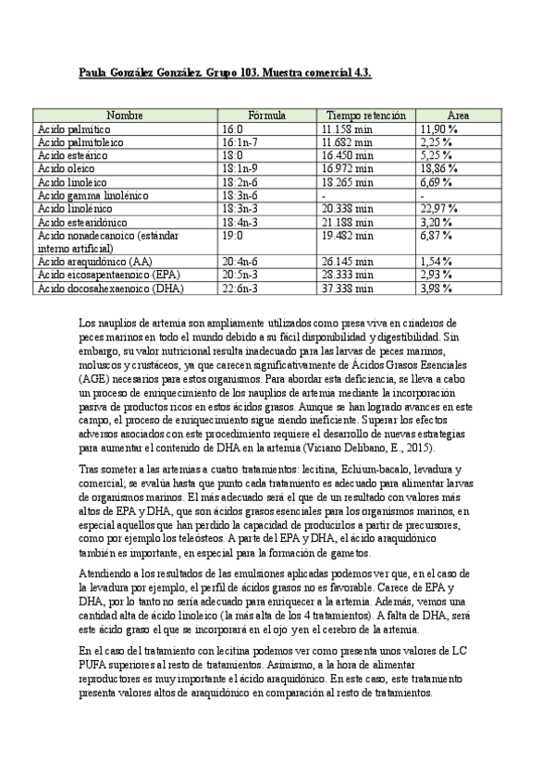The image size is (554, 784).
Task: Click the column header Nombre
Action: [x=125, y=116]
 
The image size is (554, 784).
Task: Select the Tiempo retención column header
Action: [x=365, y=116]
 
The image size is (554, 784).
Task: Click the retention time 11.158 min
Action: [x=347, y=130]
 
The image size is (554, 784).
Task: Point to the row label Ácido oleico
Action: [x=68, y=170]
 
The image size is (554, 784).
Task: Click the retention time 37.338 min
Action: [x=347, y=288]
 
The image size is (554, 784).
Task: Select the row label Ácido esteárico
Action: [x=73, y=157]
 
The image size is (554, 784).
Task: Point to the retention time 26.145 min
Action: [x=347, y=262]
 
